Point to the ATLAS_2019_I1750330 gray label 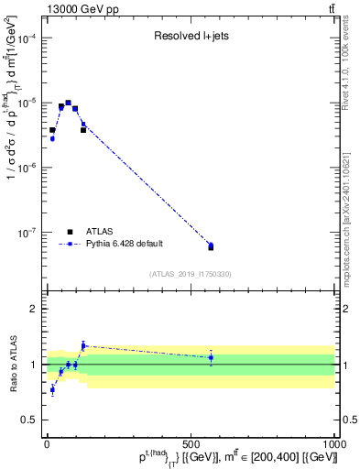tap(190, 274)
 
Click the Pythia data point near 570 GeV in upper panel tap(211, 245)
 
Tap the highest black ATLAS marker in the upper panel tap(68, 103)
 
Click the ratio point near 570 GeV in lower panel tap(211, 357)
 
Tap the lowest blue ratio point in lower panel tap(52, 389)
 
